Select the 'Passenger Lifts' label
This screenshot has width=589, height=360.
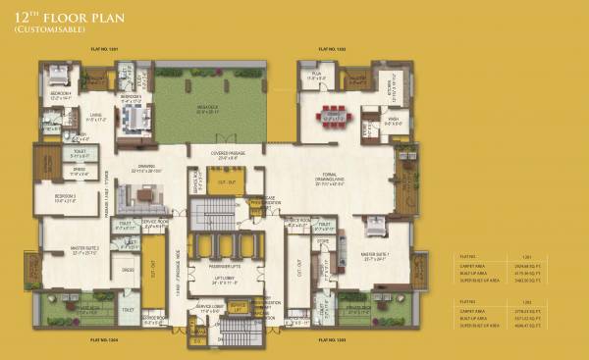click(x=225, y=267)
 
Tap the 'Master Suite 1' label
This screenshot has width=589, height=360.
click(x=379, y=259)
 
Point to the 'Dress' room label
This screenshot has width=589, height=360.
click(x=128, y=269)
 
